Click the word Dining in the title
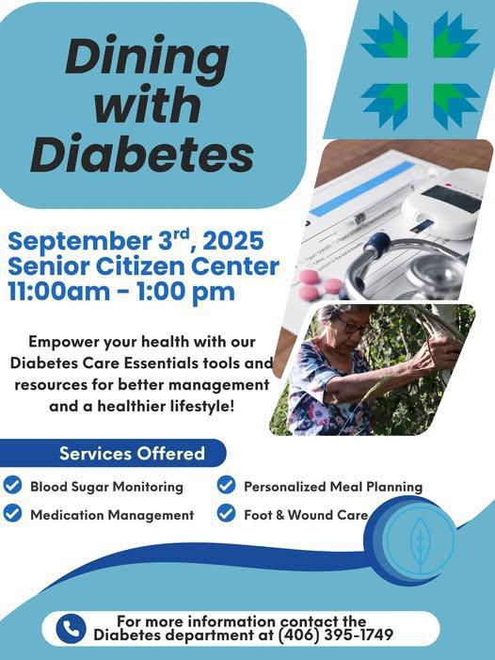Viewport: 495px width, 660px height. coord(147,59)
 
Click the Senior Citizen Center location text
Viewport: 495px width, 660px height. coord(144,266)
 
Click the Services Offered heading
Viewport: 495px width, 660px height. coord(132,453)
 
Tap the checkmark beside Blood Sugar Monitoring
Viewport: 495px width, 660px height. coord(12,486)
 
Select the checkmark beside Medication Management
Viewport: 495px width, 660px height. coord(12,514)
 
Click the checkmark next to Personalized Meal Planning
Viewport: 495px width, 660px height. coord(226,486)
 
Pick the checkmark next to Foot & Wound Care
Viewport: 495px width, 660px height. coord(226,514)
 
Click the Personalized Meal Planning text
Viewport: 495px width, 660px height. coord(333,487)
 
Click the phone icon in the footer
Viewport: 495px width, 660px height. coord(71,628)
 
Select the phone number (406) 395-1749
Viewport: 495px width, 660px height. coord(335,636)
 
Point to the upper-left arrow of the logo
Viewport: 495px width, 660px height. coord(384,37)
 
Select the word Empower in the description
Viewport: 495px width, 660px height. coord(65,340)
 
